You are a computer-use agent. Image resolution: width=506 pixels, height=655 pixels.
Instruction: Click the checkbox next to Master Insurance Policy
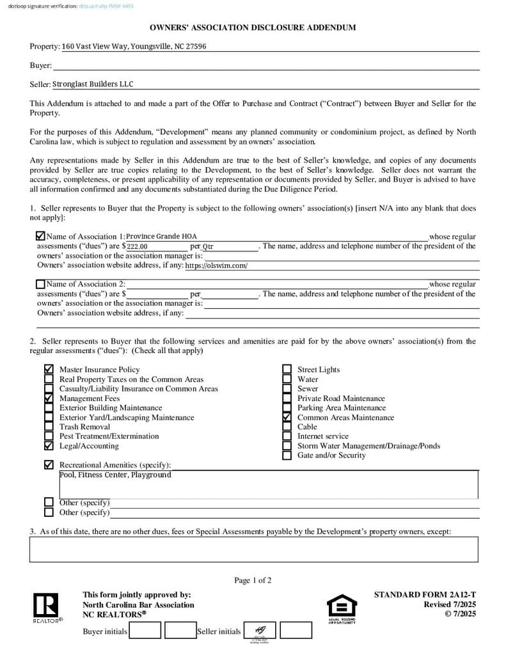(49, 370)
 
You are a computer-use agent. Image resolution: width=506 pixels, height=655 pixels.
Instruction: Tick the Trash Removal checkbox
(49, 427)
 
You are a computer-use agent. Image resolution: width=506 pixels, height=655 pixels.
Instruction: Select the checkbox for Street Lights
(287, 370)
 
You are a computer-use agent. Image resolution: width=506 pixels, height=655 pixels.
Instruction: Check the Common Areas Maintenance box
(287, 417)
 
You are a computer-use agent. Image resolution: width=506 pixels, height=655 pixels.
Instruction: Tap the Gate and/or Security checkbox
(287, 455)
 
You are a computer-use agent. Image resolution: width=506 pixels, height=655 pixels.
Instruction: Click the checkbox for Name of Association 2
(41, 284)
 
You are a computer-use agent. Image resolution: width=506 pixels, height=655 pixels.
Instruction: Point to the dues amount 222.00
(137, 246)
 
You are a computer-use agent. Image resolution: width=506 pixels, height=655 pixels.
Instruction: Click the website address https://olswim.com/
(216, 265)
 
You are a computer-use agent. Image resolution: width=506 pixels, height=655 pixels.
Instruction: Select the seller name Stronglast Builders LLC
(93, 84)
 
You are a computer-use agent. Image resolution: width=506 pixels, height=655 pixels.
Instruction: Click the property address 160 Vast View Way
(134, 47)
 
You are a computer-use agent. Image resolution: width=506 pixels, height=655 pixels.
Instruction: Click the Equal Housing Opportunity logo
(342, 608)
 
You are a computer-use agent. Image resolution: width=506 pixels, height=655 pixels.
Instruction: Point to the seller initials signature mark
(260, 631)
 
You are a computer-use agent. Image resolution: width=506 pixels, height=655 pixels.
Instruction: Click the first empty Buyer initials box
(145, 631)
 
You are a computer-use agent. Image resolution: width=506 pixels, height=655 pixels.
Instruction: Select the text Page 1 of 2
(253, 581)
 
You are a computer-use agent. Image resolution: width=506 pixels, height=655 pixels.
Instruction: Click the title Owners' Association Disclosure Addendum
(253, 28)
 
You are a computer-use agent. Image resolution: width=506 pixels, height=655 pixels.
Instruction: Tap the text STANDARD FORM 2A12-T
(425, 595)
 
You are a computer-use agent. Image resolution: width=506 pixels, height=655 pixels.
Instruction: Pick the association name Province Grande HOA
(162, 237)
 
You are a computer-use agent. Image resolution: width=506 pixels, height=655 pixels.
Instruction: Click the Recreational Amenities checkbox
(49, 465)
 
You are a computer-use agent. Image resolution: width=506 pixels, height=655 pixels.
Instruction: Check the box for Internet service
(287, 436)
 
